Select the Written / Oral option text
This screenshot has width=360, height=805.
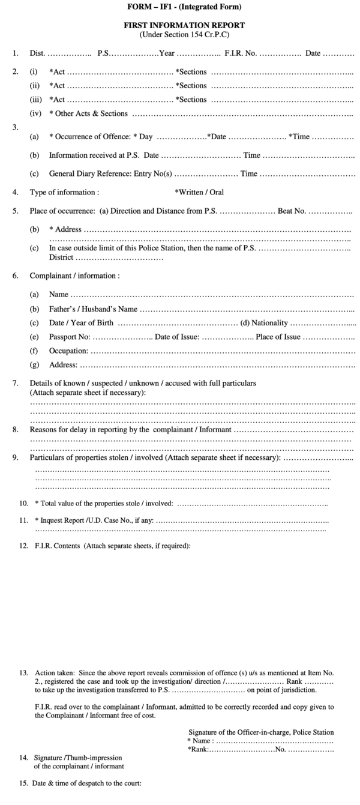[x=199, y=193]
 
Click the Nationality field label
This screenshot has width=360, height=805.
[x=259, y=323]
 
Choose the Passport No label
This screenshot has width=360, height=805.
[x=70, y=337]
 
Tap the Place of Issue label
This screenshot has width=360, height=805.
[x=278, y=337]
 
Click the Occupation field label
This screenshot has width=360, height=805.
[x=68, y=351]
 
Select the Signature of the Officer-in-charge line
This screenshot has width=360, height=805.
[x=261, y=732]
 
